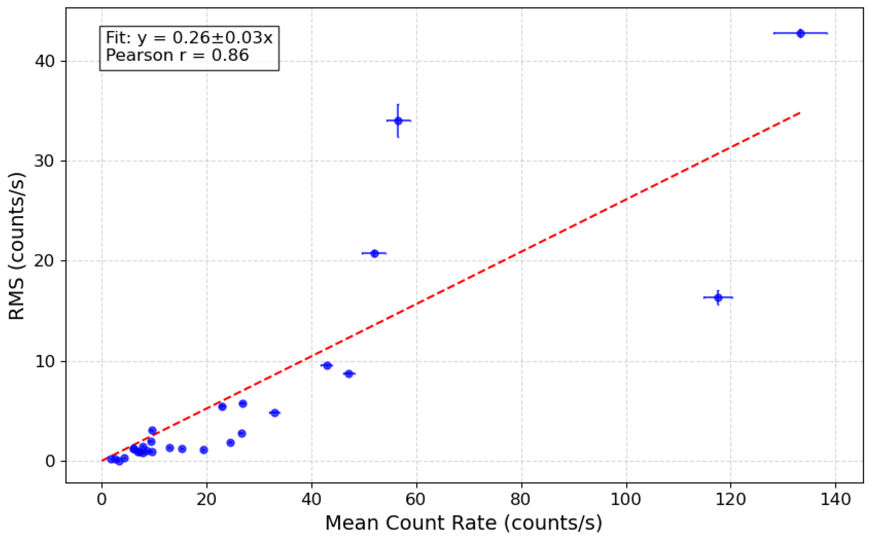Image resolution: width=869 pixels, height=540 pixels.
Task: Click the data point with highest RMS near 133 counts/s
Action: click(x=800, y=34)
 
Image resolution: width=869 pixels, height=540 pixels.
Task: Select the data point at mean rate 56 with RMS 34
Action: click(x=398, y=121)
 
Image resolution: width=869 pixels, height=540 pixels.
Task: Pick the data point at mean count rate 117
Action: click(x=718, y=298)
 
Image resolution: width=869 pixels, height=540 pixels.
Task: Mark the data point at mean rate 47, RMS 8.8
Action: click(x=349, y=374)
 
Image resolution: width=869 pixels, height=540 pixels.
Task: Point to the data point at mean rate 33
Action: click(x=274, y=413)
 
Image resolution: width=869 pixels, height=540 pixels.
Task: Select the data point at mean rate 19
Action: click(x=204, y=450)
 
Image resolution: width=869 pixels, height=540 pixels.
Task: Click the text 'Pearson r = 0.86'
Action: click(x=177, y=55)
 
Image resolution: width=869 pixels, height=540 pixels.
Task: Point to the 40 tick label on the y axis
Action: click(x=44, y=62)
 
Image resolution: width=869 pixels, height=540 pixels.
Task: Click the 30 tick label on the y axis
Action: click(x=44, y=161)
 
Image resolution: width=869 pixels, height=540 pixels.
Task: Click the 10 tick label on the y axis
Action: click(x=44, y=362)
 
